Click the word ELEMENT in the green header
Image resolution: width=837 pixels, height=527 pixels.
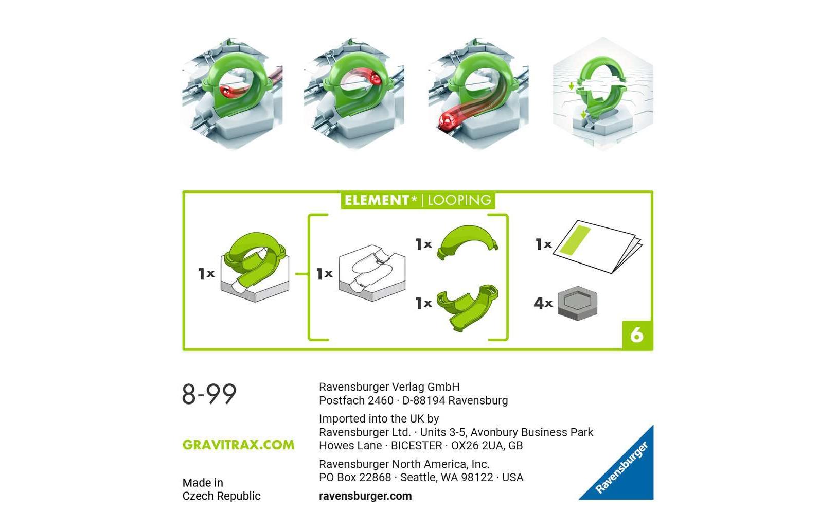[377, 200]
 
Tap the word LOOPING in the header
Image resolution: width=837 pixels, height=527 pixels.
[459, 200]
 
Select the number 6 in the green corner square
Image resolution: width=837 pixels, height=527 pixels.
[637, 335]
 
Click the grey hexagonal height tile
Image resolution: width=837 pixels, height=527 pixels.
[578, 303]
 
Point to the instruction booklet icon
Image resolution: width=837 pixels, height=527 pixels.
[597, 247]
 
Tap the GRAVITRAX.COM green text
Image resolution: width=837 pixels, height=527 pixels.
[238, 445]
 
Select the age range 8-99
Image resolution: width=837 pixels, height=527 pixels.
[209, 394]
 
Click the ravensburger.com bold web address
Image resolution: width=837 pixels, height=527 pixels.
[365, 496]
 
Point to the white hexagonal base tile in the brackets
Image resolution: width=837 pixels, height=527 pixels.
[372, 273]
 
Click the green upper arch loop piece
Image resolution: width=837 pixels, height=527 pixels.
[467, 241]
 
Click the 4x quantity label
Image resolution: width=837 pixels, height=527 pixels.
[543, 303]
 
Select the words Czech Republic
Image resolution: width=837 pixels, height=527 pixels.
[221, 496]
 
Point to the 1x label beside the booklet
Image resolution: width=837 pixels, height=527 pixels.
[544, 244]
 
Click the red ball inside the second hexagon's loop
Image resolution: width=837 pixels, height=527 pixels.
[375, 79]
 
